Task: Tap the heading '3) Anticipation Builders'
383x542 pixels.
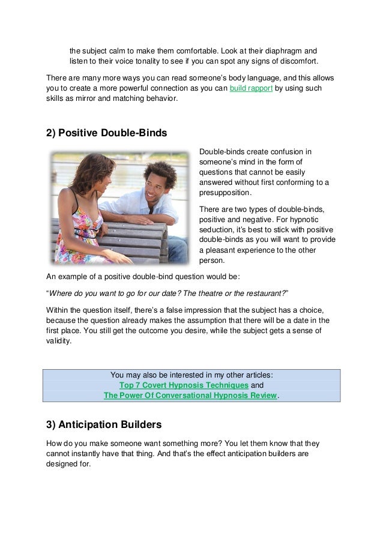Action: click(104, 426)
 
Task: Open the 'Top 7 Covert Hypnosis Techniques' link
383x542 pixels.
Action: click(184, 385)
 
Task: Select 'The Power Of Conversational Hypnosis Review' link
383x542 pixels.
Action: click(190, 396)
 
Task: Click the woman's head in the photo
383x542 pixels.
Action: click(86, 169)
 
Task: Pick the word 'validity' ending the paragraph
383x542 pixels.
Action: click(58, 341)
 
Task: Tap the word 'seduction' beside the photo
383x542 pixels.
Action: click(216, 230)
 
